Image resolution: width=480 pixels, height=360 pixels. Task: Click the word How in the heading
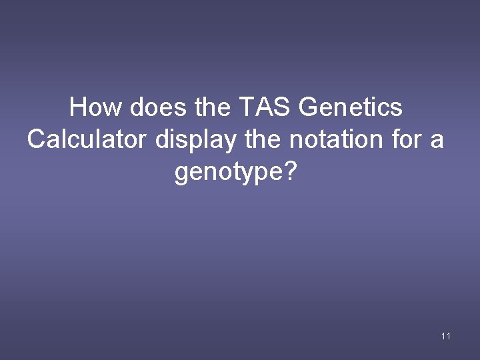click(92, 107)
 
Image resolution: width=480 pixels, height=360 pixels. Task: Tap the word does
click(150, 107)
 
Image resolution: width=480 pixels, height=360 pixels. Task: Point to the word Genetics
click(351, 107)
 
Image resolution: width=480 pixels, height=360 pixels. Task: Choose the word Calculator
click(88, 140)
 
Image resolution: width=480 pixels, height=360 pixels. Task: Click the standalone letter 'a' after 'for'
click(437, 141)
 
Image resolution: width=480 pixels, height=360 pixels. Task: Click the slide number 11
click(446, 336)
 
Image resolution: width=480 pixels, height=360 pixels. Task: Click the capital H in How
click(79, 107)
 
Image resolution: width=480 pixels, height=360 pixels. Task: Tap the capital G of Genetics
click(310, 107)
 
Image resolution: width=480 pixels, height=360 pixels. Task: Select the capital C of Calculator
click(36, 140)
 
